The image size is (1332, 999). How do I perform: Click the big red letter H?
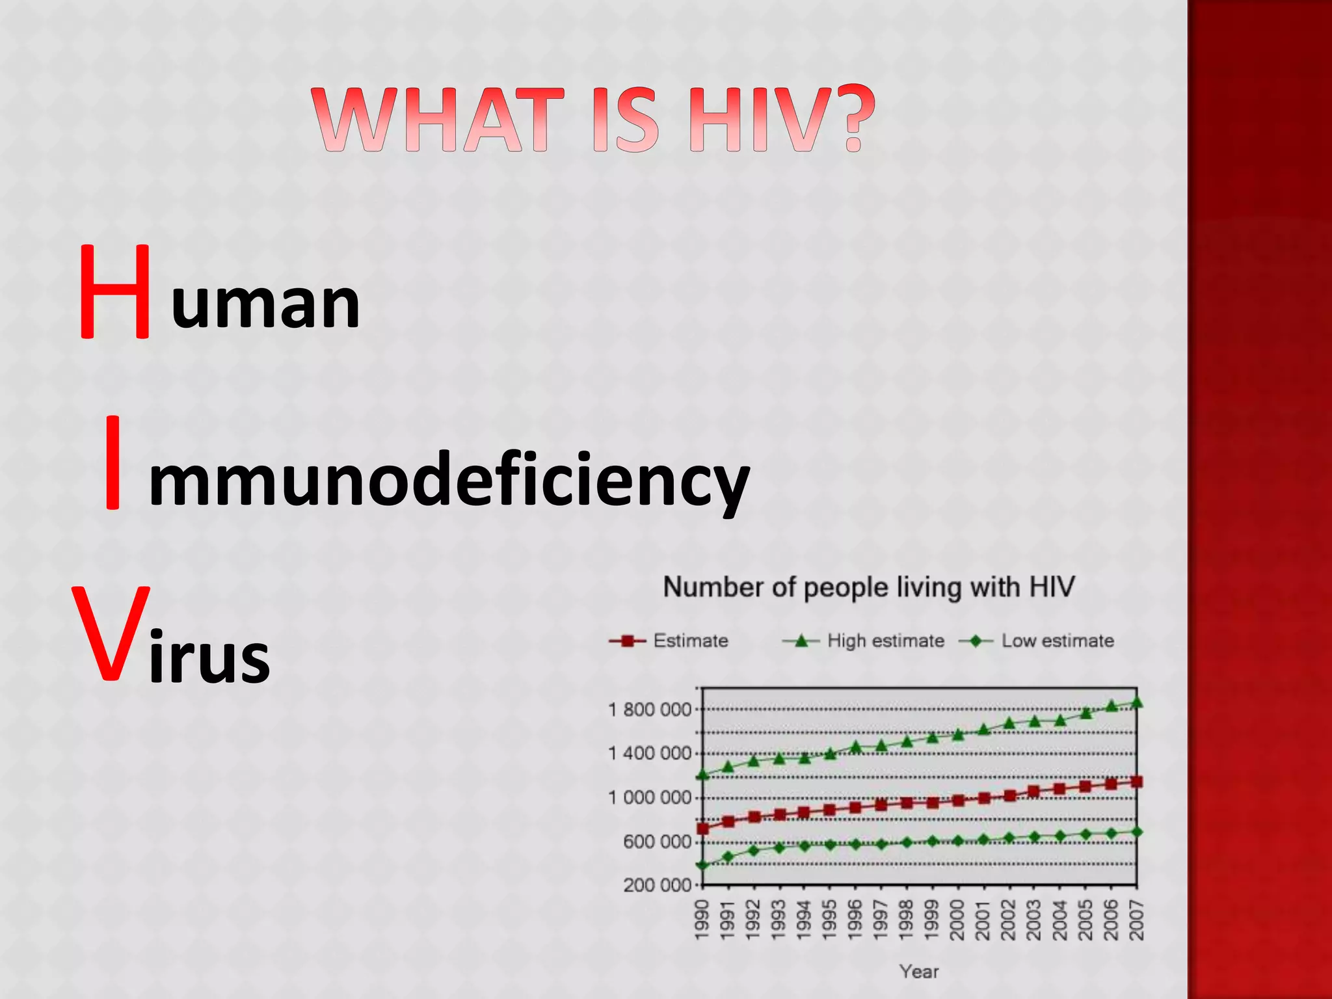coord(115,293)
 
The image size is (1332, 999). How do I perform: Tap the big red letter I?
coord(113,462)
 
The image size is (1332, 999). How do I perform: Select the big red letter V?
coord(111,633)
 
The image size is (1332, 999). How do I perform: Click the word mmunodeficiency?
coord(449,481)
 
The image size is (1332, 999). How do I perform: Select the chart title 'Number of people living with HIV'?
coord(869,587)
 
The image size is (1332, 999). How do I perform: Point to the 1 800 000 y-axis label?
coord(650,710)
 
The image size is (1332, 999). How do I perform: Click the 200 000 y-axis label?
coord(657,885)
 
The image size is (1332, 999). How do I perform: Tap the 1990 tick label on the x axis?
coord(702,920)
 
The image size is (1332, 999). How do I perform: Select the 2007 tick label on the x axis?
coord(1136,920)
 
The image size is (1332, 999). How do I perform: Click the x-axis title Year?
coord(919,972)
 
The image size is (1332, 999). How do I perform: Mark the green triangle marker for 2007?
coord(1136,702)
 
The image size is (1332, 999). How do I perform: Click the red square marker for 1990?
coord(702,829)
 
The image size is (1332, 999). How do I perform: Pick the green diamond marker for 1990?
coord(702,865)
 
